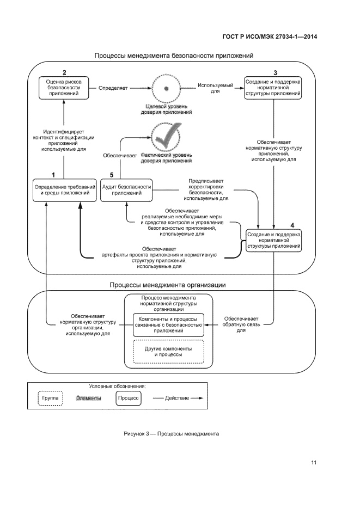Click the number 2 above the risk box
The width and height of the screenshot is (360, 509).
tap(64, 73)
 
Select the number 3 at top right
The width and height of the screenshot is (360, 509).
tap(275, 73)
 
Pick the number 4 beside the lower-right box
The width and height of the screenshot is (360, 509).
tap(292, 224)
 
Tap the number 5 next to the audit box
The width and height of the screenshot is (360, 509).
tap(111, 175)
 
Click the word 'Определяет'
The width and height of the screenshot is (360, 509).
tap(113, 87)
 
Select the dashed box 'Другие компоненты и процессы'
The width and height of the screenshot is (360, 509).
tap(168, 351)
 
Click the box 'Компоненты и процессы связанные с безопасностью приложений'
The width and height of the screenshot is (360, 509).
tap(168, 324)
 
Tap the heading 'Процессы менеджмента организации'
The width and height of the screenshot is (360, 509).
tap(168, 285)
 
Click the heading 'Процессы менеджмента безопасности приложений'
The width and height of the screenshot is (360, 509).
tap(174, 56)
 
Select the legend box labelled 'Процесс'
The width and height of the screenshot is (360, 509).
tap(129, 398)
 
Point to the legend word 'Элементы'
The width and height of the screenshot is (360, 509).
tap(88, 398)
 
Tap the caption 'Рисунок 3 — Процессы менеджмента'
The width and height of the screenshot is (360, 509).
tap(171, 434)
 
